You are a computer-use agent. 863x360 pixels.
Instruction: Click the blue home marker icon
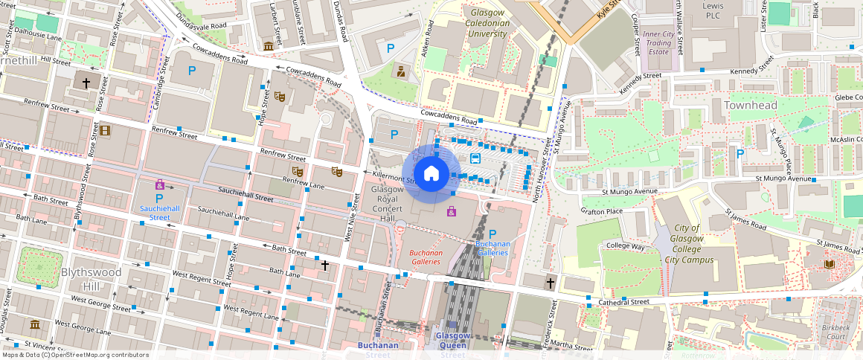coord(431,174)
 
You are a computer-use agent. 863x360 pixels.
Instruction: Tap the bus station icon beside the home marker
coord(475,158)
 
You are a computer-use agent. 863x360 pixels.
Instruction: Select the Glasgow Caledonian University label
coord(490,24)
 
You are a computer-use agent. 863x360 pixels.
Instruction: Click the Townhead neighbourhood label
coord(751,106)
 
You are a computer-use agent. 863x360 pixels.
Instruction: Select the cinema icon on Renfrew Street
coord(105,131)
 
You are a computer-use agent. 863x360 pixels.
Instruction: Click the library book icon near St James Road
coord(829,264)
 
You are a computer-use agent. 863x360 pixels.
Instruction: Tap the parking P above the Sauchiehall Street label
coord(158,199)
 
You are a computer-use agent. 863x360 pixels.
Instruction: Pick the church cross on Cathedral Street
coord(551,283)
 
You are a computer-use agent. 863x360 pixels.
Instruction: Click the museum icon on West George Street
coord(35,324)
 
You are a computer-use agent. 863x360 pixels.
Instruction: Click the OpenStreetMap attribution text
coord(74,355)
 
